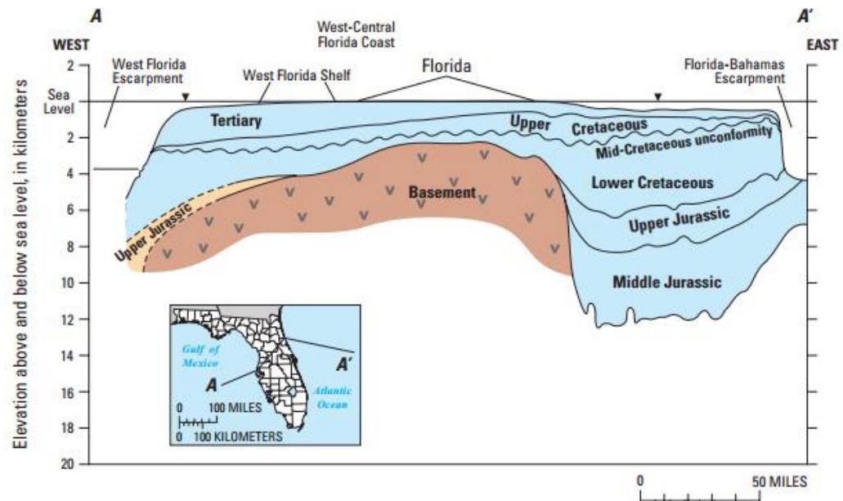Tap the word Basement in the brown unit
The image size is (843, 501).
click(442, 193)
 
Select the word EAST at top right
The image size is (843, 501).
click(822, 45)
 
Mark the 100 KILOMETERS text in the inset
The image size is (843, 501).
click(237, 437)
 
